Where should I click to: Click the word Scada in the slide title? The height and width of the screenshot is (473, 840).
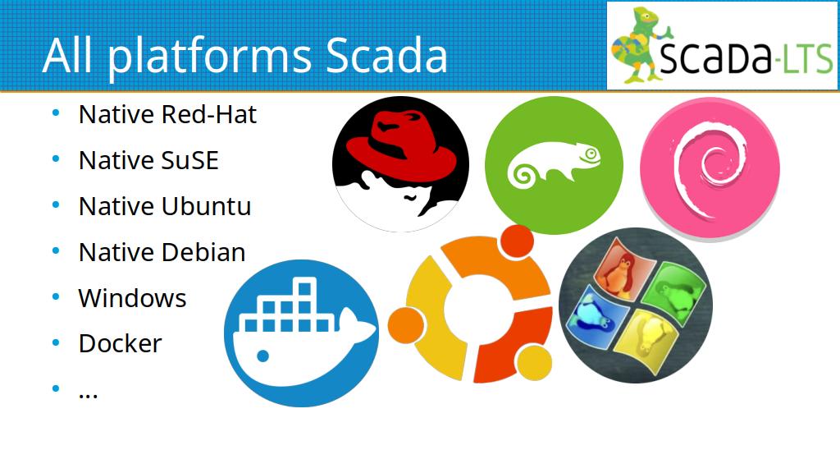click(x=386, y=55)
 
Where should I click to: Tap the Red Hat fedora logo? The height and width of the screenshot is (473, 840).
click(x=400, y=164)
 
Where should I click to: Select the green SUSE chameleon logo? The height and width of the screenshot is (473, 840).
click(x=554, y=165)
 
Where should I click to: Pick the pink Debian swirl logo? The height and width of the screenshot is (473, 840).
click(x=710, y=168)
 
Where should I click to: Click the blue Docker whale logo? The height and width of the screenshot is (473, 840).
click(x=301, y=333)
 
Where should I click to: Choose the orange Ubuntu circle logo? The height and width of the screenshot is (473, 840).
click(x=471, y=304)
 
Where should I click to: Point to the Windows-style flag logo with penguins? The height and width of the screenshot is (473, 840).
click(x=636, y=305)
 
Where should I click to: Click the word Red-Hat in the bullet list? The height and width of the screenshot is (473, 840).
click(x=208, y=114)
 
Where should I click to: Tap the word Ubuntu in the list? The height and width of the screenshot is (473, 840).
click(x=206, y=206)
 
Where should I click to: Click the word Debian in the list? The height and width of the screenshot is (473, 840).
click(x=203, y=252)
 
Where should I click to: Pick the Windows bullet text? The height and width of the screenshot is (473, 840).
click(x=132, y=298)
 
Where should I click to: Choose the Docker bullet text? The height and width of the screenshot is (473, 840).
click(x=120, y=344)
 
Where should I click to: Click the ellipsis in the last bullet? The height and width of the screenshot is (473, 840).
click(x=88, y=396)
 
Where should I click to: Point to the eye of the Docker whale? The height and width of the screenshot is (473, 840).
click(x=263, y=356)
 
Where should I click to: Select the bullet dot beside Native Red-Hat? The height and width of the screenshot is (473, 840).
click(x=56, y=113)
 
